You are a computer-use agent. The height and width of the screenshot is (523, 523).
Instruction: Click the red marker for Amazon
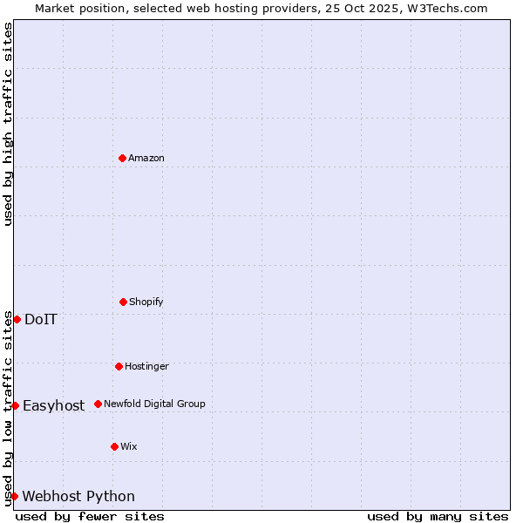tap(122, 158)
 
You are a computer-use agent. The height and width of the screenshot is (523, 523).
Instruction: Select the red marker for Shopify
tap(123, 302)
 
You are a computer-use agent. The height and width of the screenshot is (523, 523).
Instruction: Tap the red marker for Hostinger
tap(119, 366)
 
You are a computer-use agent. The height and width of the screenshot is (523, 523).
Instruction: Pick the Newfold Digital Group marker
tap(98, 404)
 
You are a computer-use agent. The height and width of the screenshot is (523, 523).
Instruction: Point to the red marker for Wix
tap(114, 446)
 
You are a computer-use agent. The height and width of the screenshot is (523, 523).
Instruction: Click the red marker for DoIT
tap(17, 319)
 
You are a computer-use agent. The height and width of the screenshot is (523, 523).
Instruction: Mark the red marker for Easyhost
tap(15, 405)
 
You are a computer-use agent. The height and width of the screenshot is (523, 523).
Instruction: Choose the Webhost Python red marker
tap(14, 496)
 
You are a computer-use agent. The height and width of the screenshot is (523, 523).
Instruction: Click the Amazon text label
tap(146, 158)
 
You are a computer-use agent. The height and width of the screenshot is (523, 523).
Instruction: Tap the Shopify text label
tap(146, 302)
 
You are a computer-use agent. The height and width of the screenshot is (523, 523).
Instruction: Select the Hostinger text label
tap(146, 366)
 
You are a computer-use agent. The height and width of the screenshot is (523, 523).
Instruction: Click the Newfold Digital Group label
tap(154, 404)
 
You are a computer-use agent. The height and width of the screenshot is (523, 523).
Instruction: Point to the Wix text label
tap(129, 446)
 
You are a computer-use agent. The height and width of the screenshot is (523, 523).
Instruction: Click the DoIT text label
tap(41, 319)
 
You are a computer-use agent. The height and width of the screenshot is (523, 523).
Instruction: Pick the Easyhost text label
tap(54, 405)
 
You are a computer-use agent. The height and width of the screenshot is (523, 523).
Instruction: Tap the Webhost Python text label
tap(78, 496)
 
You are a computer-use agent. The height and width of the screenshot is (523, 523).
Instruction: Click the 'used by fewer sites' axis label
tap(90, 516)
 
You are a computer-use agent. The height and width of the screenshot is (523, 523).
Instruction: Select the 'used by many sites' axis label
tap(438, 516)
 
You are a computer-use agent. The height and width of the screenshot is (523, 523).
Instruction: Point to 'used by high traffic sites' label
tap(8, 124)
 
